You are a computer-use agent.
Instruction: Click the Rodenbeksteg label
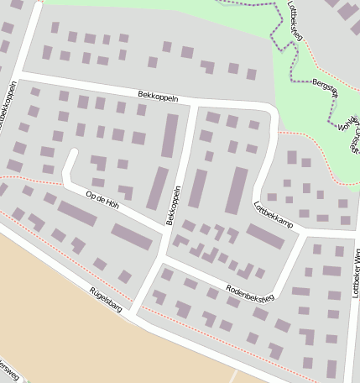[249, 293]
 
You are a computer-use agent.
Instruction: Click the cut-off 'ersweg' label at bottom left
[8, 369]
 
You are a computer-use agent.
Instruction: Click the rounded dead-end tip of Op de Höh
[71, 155]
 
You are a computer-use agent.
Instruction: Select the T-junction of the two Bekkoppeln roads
[191, 104]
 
